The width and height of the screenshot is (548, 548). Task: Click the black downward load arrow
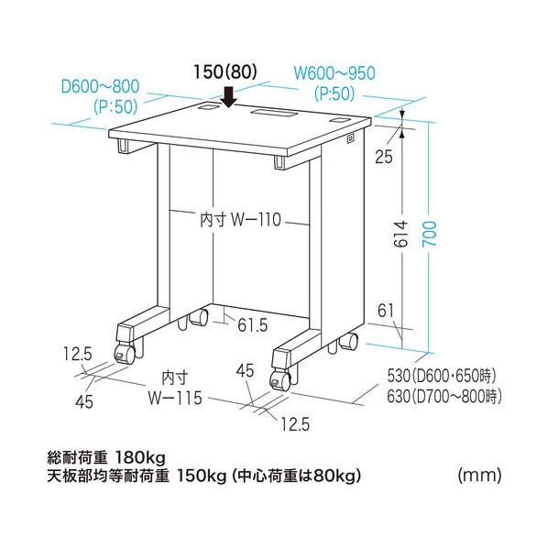point(229,97)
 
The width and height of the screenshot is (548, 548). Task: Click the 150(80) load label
point(225,72)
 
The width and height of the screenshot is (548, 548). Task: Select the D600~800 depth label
point(100,86)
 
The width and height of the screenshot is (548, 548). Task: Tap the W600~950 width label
point(334,72)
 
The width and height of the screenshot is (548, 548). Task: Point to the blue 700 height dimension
point(430,234)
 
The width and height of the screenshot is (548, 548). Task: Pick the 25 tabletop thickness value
point(384,157)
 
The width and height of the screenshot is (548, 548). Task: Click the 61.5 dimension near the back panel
point(253,325)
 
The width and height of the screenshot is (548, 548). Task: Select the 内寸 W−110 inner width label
point(240,220)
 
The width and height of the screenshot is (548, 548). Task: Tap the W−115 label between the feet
point(175,398)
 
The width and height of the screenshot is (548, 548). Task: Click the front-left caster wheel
point(125,355)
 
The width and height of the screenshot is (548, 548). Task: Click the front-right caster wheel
point(280,380)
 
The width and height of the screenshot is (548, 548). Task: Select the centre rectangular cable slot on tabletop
point(274,113)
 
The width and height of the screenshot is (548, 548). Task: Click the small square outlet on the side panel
point(350,138)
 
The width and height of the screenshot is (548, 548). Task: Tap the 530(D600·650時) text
point(442,376)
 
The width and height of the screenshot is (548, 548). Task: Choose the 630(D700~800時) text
point(444,396)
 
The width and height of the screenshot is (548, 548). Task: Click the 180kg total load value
point(140,457)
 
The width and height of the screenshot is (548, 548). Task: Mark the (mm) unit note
point(479,475)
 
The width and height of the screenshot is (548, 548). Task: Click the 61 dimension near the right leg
point(386,311)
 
